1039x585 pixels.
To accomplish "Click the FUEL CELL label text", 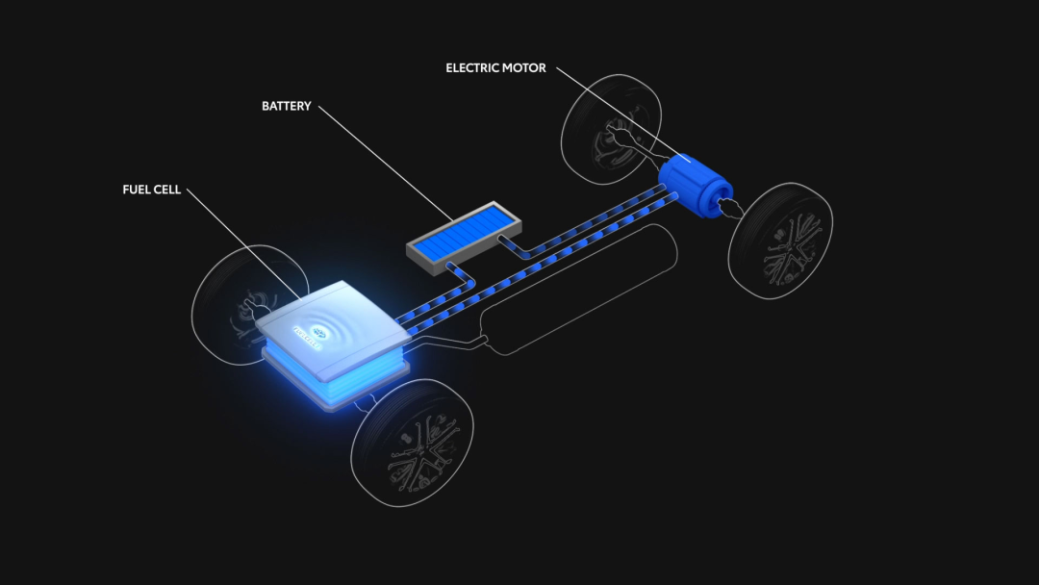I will click(151, 190).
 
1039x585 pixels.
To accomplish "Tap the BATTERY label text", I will click(287, 106).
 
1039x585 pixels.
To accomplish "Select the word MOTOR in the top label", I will click(525, 68).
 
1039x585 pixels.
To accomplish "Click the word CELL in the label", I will click(166, 190).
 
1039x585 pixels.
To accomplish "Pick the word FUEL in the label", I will click(135, 190).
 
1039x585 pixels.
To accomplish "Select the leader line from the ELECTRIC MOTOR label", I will click(616, 111).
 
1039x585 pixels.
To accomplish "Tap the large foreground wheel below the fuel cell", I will click(413, 442).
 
